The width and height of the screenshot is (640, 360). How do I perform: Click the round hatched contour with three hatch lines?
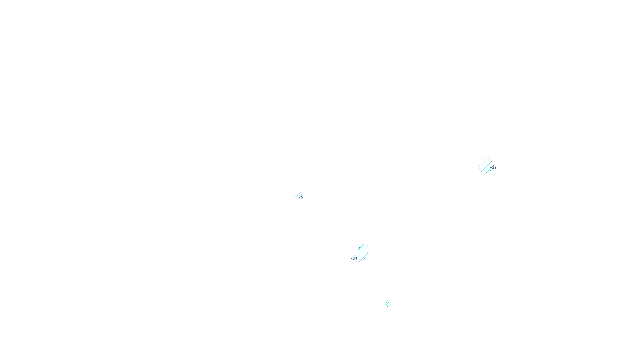486,165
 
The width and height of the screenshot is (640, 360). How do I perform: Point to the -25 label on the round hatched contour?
494,168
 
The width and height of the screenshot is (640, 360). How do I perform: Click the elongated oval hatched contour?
362,252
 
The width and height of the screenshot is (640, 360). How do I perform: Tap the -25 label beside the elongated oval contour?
354,258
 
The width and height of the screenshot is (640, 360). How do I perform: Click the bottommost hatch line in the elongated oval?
363,257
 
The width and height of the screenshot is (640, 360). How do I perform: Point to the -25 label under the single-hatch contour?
300,197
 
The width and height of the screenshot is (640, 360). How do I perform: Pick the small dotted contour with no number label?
388,304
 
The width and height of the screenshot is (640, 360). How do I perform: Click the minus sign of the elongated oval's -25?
352,258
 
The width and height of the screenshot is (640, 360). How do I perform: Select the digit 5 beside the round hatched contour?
495,168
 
